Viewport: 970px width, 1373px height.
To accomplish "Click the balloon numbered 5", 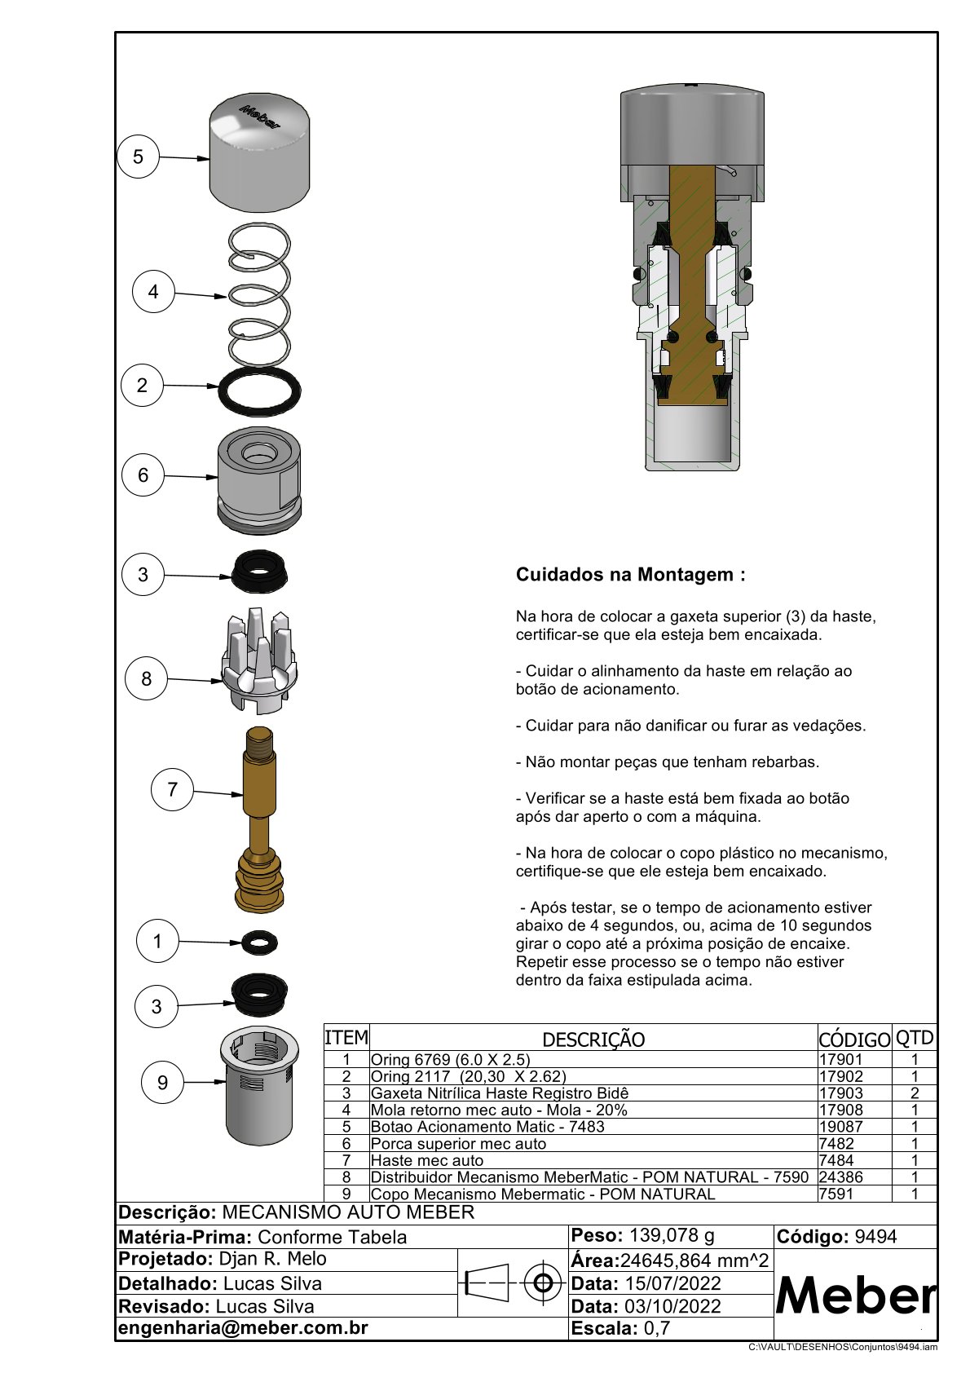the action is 138,157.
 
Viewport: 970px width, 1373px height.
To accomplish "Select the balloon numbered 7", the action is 172,789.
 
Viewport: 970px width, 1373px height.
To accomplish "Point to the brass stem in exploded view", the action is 260,819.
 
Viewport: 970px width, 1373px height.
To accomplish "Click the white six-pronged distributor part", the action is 259,660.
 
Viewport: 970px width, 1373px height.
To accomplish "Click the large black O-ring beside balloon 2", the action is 260,391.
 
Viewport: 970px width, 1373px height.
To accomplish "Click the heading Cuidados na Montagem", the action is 631,574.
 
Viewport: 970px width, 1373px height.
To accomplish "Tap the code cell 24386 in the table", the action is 840,1177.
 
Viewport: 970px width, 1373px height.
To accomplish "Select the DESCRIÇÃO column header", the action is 593,1040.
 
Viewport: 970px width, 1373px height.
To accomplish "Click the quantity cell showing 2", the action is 915,1093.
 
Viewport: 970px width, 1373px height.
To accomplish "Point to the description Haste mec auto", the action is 427,1160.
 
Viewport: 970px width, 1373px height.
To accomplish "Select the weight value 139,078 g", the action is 672,1235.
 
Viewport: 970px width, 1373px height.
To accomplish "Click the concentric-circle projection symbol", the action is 542,1282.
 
